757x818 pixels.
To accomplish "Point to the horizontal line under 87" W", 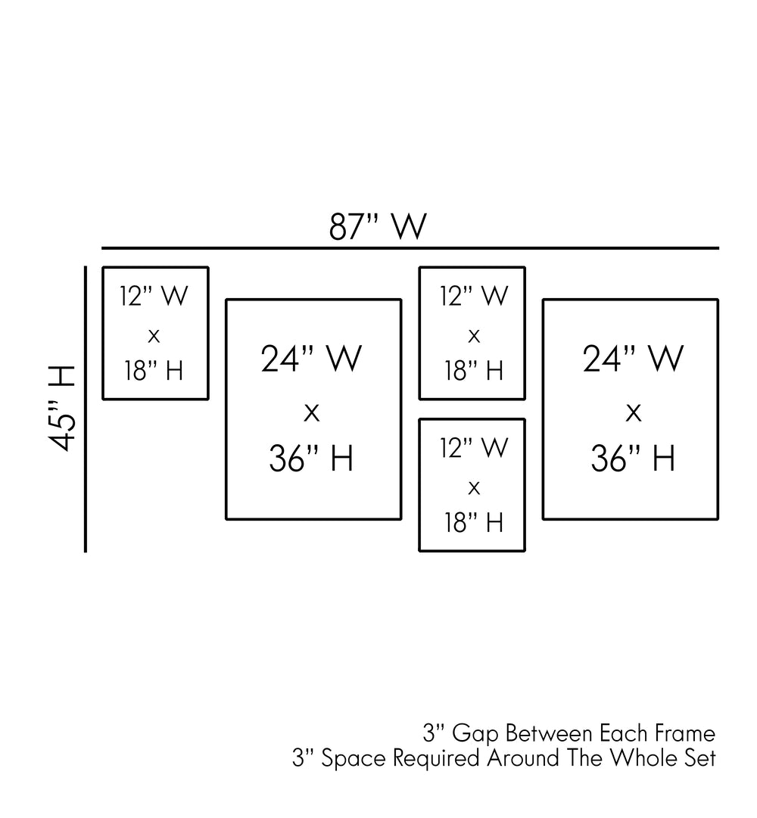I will pyautogui.click(x=410, y=248).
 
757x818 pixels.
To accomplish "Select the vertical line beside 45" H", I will pyautogui.click(x=86, y=409).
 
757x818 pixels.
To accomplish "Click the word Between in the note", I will pyautogui.click(x=548, y=733).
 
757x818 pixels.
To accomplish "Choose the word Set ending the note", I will pyautogui.click(x=700, y=758).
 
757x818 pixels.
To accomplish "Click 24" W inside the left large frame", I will pyautogui.click(x=311, y=359).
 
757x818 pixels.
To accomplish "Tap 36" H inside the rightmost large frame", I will pyautogui.click(x=633, y=458).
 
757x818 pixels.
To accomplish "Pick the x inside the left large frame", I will pyautogui.click(x=311, y=413).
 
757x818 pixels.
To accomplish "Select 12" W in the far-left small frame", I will pyautogui.click(x=154, y=295).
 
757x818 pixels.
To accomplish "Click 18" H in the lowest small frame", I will pyautogui.click(x=474, y=522).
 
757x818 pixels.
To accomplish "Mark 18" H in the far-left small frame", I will pyautogui.click(x=154, y=371).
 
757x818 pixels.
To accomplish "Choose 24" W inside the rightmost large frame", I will pyautogui.click(x=633, y=359).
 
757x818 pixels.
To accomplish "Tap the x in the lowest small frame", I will pyautogui.click(x=474, y=488).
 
